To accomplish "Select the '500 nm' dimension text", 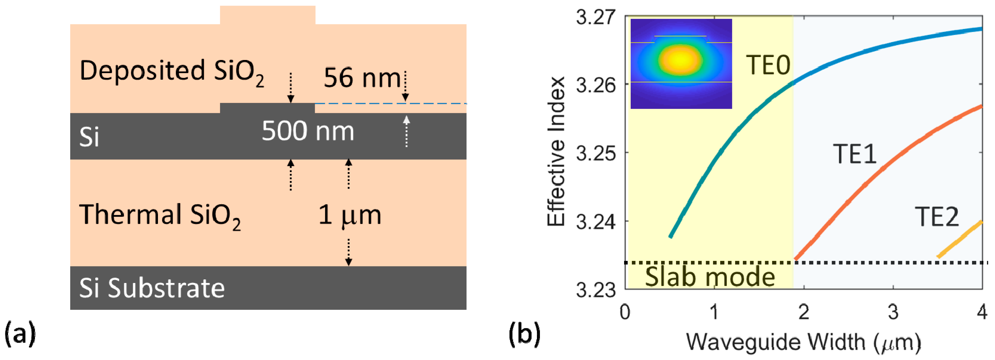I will click(308, 131).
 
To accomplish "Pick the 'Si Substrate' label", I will click(151, 288).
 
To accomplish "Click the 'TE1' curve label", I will click(854, 154).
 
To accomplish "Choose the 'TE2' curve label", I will click(937, 217).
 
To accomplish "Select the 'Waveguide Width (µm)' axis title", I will click(803, 342).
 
